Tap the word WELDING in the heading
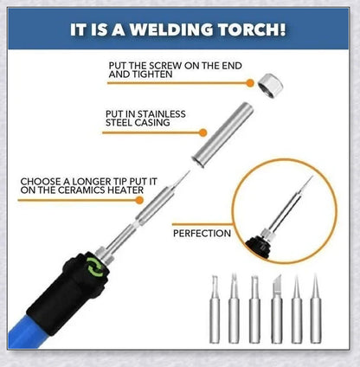[171, 29]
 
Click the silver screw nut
[270, 86]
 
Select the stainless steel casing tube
[222, 135]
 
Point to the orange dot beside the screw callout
[250, 83]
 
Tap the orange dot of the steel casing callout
[203, 132]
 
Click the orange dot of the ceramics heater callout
[139, 200]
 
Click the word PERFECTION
[202, 233]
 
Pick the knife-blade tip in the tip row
[277, 309]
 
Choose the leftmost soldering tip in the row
[215, 309]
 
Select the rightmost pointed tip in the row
[316, 309]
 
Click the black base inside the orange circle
[258, 246]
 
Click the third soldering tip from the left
[254, 309]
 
